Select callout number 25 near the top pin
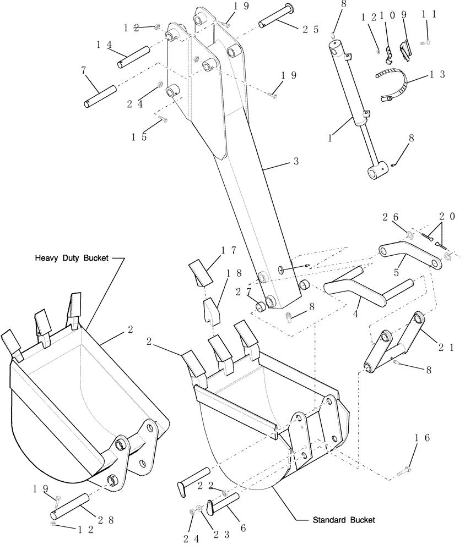click(310, 30)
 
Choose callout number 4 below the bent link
click(356, 314)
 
